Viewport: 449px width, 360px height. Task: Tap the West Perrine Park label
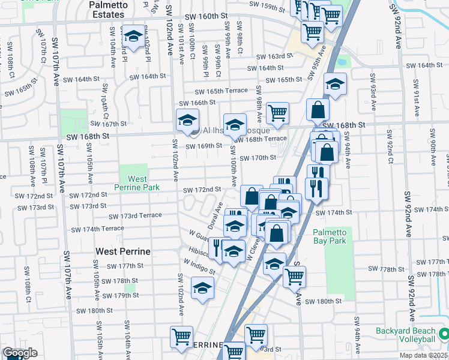tap(138, 183)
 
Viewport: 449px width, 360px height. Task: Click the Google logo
tap(19, 353)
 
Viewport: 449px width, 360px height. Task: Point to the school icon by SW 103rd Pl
tap(133, 35)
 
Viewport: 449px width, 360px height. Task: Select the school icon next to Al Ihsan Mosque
tap(187, 120)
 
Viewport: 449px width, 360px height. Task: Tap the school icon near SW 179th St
tap(203, 287)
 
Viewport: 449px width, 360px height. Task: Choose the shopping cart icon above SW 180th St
tap(294, 277)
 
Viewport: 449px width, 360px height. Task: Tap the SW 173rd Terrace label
tap(135, 215)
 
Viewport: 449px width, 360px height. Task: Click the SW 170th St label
tap(258, 158)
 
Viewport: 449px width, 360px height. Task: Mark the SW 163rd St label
tap(274, 56)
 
